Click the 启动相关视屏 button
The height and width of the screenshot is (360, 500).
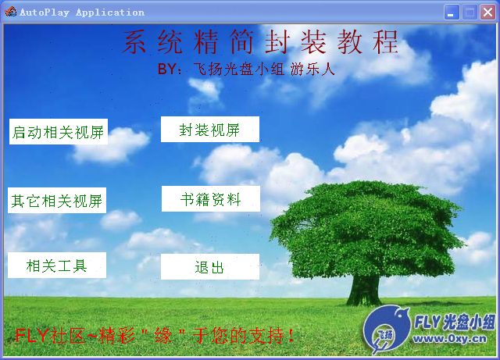pos(59,132)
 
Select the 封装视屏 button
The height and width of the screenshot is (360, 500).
pos(210,129)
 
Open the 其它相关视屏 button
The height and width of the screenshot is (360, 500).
pos(57,200)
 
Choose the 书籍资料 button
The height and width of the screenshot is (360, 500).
pos(211,198)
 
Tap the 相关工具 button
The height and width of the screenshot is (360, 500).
pos(57,265)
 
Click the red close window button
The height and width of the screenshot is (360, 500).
pos(487,12)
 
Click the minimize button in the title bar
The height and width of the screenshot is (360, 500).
pos(452,12)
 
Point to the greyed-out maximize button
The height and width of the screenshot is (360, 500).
pos(470,12)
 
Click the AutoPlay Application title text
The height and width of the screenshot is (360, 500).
pos(82,12)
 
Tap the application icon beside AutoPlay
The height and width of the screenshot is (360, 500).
pos(10,12)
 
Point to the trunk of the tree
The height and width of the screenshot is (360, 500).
pos(364,290)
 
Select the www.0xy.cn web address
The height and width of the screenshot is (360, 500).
pos(450,339)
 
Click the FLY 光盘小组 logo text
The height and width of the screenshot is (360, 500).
pos(455,322)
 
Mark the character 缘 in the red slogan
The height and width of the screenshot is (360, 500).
pos(163,336)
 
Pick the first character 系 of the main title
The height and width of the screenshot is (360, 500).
pos(134,41)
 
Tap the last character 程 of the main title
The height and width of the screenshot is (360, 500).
pos(386,41)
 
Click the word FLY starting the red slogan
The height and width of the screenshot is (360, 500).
pos(31,336)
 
